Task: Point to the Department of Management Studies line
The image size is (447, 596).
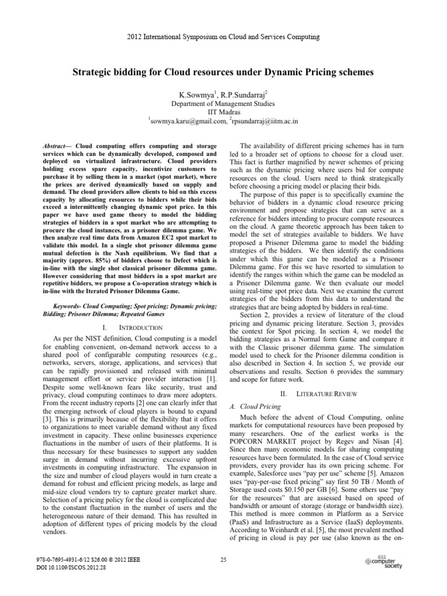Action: coord(223,104)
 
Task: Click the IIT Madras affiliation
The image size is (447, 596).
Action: coord(223,113)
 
